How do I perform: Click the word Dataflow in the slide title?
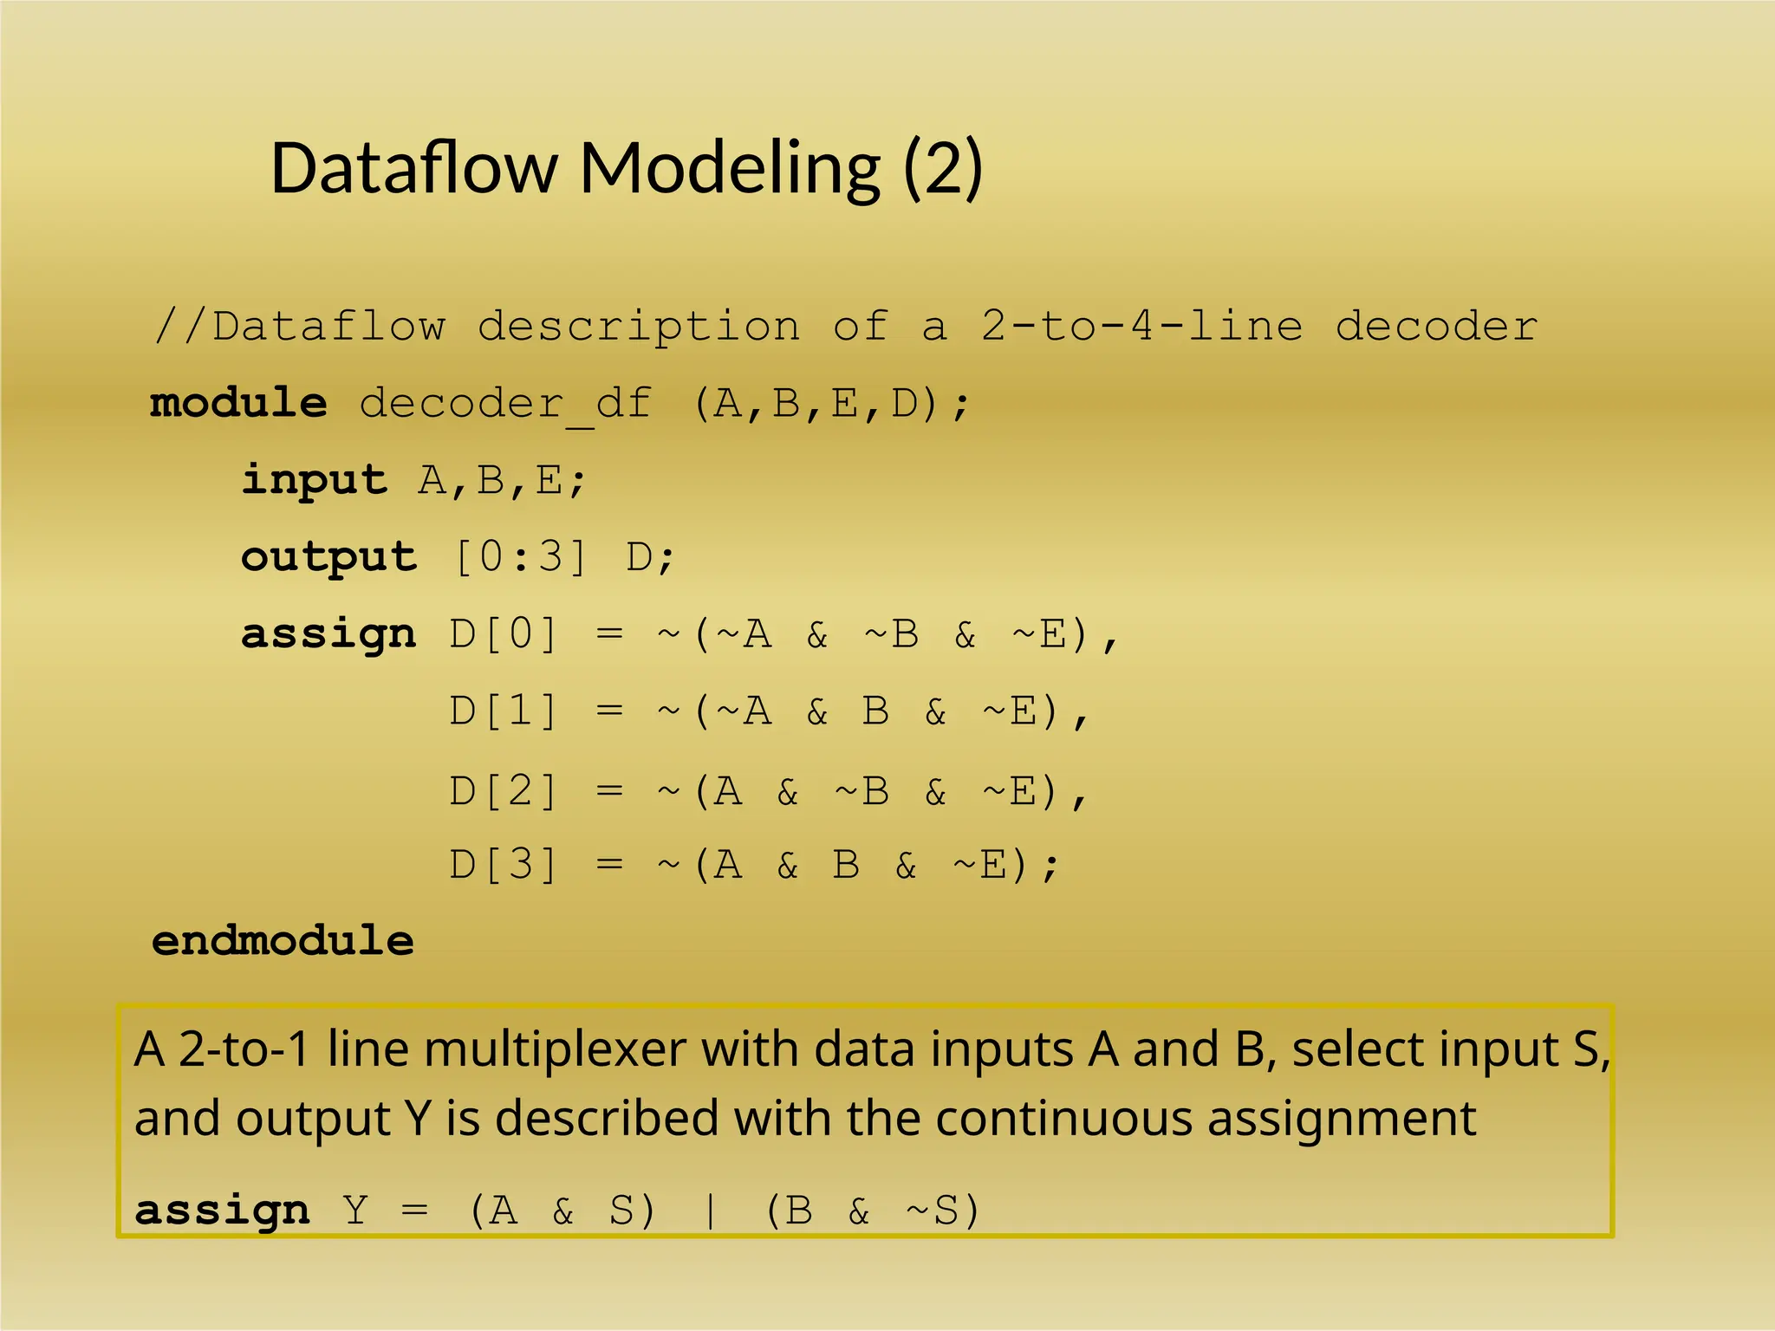tap(414, 167)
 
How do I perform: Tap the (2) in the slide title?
tap(943, 167)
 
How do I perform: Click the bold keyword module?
tap(239, 403)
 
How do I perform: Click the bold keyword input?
tap(314, 480)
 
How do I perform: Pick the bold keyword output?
tap(328, 557)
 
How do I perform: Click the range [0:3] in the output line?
tap(520, 556)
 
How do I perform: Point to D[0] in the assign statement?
tap(504, 634)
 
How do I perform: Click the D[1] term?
tap(504, 711)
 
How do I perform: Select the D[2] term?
tap(504, 790)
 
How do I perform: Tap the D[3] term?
tap(504, 865)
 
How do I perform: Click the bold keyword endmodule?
tap(283, 941)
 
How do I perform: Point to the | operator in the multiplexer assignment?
tap(711, 1211)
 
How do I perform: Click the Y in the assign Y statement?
tap(355, 1211)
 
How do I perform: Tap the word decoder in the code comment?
tap(1436, 327)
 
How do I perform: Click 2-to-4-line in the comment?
tap(1141, 327)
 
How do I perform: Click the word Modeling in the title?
tap(731, 169)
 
